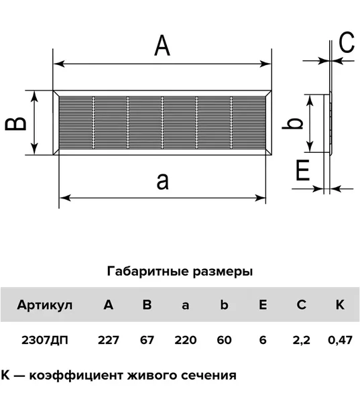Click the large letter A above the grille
(162, 46)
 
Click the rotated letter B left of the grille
(15, 123)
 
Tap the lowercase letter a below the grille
(162, 182)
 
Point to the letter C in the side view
(347, 42)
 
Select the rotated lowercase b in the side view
(292, 123)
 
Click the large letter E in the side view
(302, 170)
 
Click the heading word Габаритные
(148, 272)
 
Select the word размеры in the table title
(223, 272)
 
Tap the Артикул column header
(44, 305)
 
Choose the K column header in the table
(340, 304)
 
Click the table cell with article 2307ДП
(44, 340)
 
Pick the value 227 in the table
(108, 340)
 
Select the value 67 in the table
(147, 340)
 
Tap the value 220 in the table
(186, 340)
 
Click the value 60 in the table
(224, 340)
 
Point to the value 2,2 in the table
(302, 340)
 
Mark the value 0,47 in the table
(340, 340)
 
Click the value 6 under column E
(263, 340)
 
